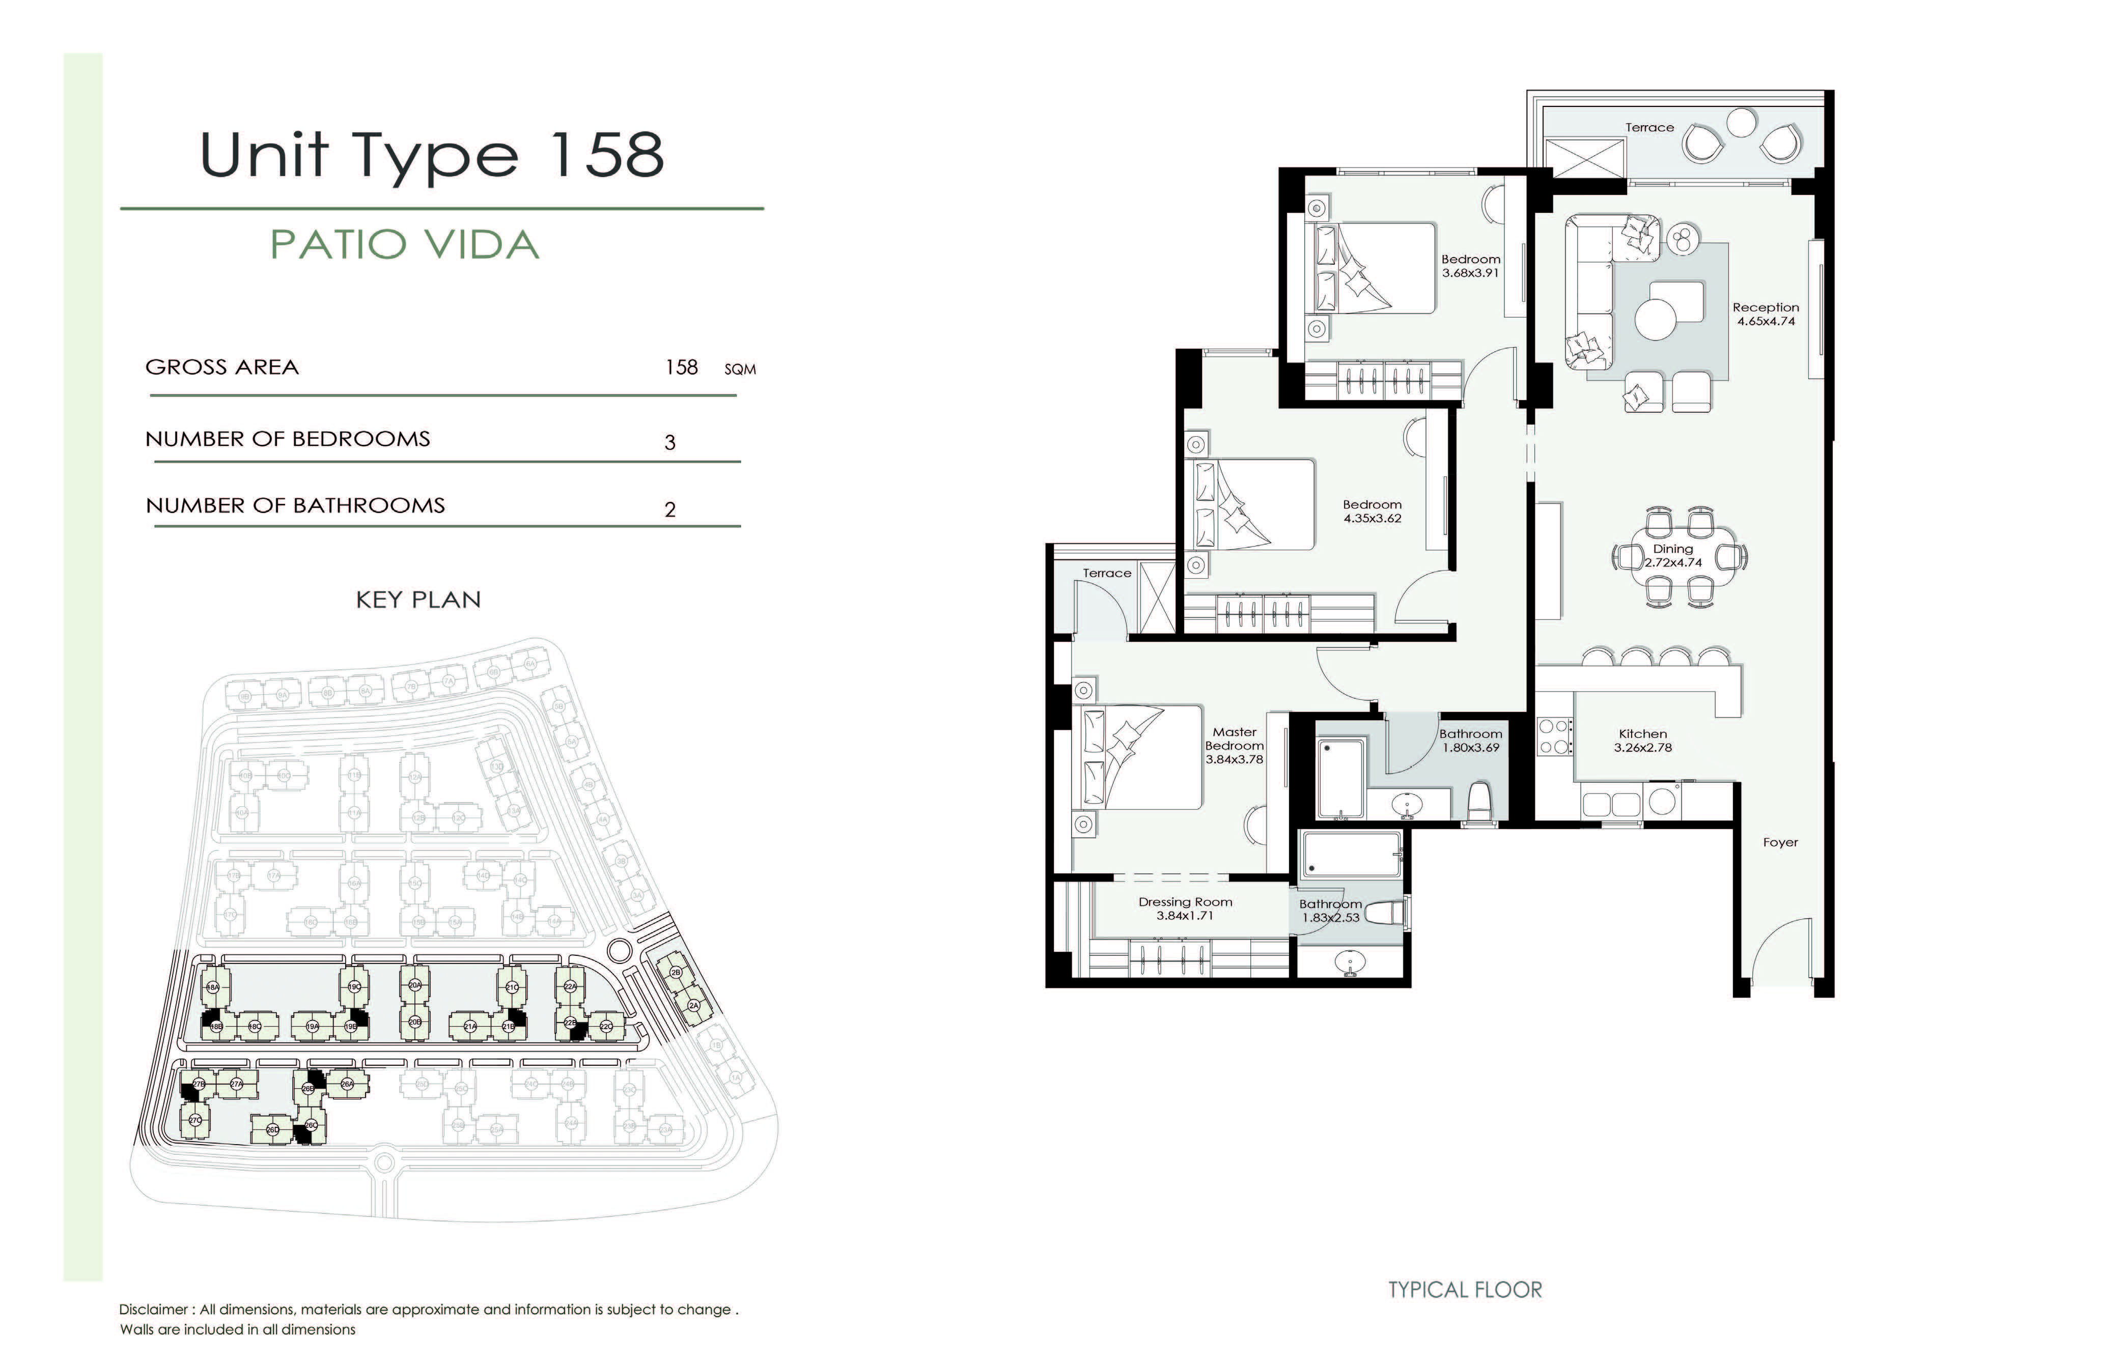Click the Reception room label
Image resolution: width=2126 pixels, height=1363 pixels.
1765,307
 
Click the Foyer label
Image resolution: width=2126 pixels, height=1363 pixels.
1780,842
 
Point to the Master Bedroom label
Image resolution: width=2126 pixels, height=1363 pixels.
1234,739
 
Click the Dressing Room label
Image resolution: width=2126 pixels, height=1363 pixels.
1185,902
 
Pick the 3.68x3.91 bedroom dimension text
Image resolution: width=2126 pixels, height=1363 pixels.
1470,273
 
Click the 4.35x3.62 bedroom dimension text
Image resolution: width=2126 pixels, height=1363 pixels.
1372,519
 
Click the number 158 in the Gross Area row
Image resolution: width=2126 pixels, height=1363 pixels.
682,367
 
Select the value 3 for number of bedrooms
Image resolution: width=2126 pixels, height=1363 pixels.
670,442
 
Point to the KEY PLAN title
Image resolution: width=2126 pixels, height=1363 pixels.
418,600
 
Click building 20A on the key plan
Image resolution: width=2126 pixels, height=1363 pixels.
414,985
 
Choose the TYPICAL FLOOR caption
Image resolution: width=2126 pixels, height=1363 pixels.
1465,1290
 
